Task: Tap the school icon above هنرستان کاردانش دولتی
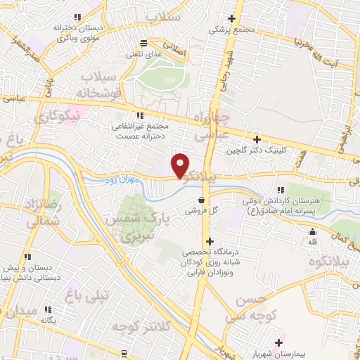pos(281,190)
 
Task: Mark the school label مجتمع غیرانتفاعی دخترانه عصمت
pos(140,131)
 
